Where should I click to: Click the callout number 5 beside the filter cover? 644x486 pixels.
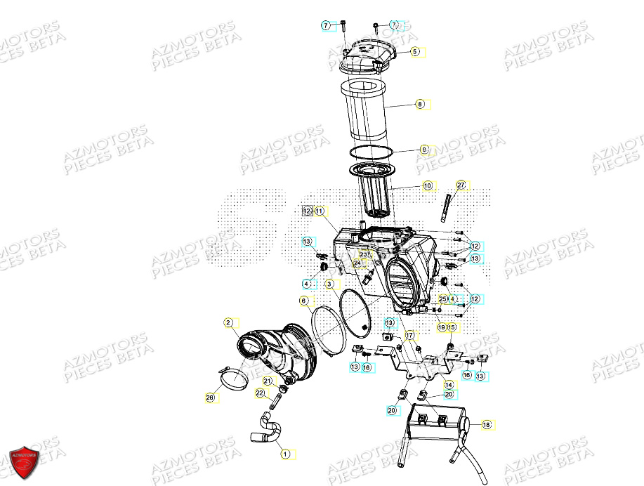point(414,51)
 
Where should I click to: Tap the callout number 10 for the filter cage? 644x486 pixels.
point(427,186)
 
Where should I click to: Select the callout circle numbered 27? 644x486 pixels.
point(461,185)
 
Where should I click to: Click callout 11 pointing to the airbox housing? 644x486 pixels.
point(319,211)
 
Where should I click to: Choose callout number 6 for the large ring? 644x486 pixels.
point(303,301)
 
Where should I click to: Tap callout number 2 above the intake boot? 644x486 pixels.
point(228,322)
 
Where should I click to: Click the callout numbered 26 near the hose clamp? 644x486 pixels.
point(209,398)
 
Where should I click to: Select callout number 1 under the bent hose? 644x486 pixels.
point(285,454)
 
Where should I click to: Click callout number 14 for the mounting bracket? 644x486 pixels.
point(448,384)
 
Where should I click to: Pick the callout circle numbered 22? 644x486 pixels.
point(259,393)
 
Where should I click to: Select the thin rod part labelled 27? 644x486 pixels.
point(446,207)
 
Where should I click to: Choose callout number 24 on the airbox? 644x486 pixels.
point(357,263)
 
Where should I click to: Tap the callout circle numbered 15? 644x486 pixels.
point(452,327)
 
